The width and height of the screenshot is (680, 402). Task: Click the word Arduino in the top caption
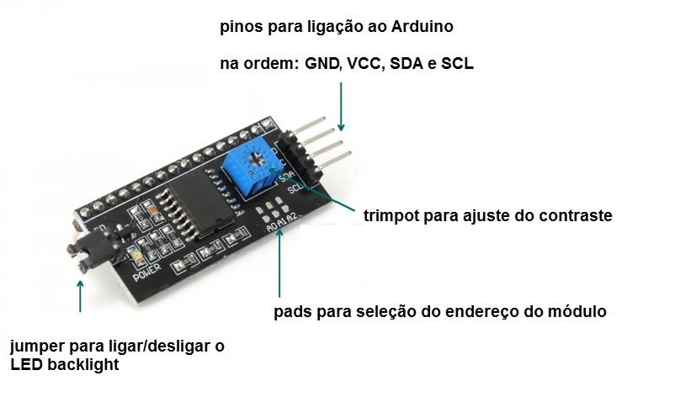[422, 27]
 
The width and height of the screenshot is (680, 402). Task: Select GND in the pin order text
[322, 64]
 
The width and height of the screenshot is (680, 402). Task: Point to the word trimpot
[390, 216]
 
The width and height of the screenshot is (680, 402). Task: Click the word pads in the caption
[290, 311]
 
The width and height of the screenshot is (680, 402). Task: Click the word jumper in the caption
[37, 346]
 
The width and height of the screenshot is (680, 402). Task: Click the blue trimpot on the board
[249, 170]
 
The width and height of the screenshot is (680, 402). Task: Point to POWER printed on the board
[147, 272]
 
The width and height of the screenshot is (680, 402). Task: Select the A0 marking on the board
[272, 226]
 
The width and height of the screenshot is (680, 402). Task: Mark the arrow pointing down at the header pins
[341, 107]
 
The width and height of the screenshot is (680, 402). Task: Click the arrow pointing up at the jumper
[80, 296]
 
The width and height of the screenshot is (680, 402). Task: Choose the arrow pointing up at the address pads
[279, 262]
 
